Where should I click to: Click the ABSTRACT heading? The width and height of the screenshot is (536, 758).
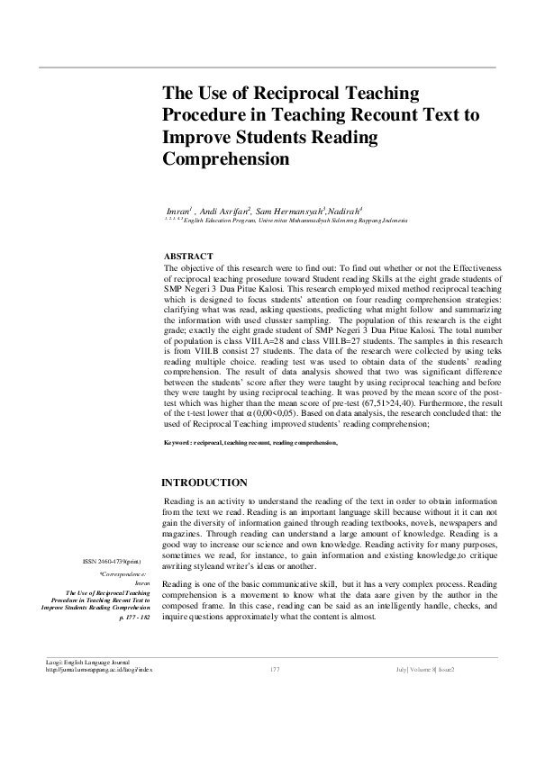click(x=188, y=257)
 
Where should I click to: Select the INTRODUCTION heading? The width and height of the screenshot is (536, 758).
click(x=204, y=483)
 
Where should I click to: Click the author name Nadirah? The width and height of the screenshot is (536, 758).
click(x=345, y=211)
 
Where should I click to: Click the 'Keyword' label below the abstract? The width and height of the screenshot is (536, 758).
click(x=177, y=443)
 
